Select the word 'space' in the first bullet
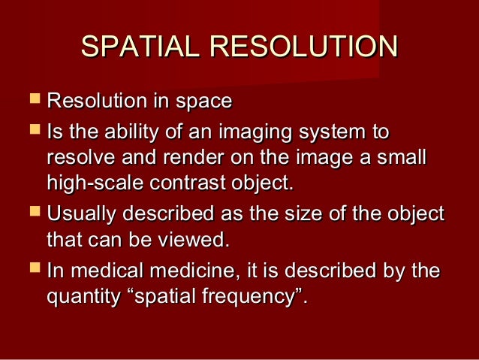tap(205, 101)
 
